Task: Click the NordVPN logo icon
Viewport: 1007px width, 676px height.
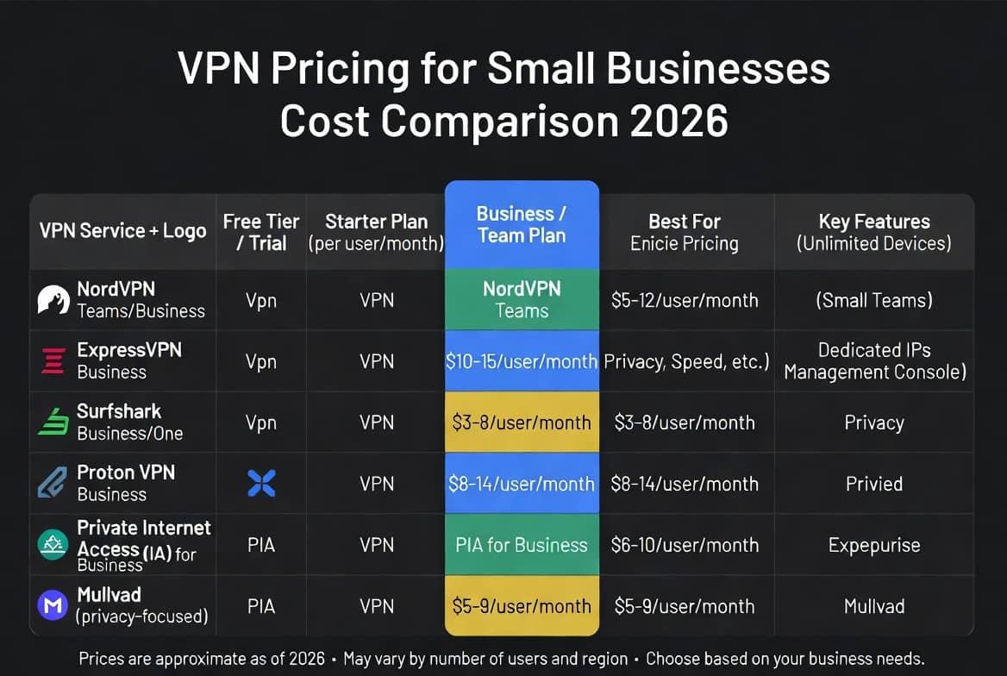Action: tap(53, 299)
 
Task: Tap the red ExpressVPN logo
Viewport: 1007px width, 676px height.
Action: tap(53, 360)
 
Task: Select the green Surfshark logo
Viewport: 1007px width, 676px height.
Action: tap(53, 422)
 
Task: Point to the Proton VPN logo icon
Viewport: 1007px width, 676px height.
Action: tap(52, 483)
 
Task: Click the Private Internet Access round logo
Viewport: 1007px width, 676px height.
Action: tap(53, 544)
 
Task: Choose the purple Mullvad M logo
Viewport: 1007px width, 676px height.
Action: tap(53, 605)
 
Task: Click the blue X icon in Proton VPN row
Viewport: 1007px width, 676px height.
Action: tap(261, 483)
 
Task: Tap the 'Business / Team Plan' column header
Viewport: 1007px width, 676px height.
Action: tap(522, 224)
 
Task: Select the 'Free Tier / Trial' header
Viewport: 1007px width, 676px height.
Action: tap(261, 232)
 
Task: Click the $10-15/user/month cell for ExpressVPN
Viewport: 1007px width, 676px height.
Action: tap(522, 361)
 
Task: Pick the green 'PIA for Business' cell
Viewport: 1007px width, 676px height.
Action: tap(522, 545)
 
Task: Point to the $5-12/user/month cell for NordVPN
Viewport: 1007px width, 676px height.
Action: tap(685, 300)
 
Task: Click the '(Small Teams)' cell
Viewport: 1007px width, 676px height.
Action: tap(874, 300)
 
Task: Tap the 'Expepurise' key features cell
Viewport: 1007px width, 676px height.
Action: tap(874, 545)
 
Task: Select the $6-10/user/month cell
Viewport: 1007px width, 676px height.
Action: tap(685, 545)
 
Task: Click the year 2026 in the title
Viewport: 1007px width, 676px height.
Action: tap(679, 121)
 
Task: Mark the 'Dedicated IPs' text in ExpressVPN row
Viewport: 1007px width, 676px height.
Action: tap(874, 349)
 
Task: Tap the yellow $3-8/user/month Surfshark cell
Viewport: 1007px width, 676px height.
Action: tap(522, 422)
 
